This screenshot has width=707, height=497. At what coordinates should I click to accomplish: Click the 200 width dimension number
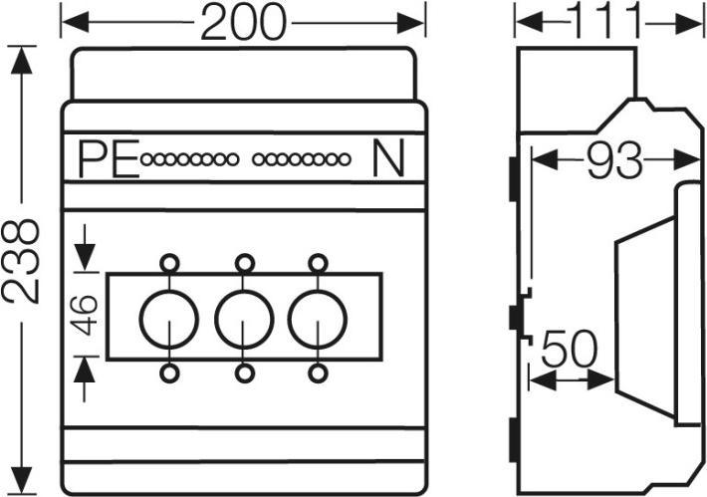243,22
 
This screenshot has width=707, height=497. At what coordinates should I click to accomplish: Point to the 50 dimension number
570,351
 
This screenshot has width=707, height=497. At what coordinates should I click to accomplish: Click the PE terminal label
108,159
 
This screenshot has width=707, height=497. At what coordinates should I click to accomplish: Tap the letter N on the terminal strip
388,159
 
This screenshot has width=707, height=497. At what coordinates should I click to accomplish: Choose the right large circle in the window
318,318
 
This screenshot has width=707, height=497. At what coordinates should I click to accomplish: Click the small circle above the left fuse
170,263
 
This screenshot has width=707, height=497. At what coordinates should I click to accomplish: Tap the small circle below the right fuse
318,373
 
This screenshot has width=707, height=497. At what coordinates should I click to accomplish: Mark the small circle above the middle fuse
244,263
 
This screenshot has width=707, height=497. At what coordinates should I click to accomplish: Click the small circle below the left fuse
170,373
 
